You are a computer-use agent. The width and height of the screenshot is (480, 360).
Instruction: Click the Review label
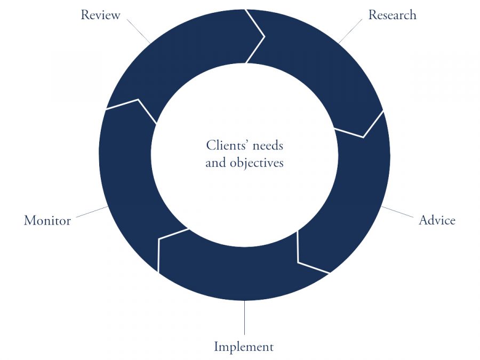[x=100, y=15]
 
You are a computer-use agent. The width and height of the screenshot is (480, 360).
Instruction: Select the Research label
[x=392, y=15]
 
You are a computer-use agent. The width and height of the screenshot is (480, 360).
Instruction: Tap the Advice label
[x=437, y=220]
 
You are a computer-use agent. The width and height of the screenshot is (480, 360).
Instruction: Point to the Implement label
[x=244, y=347]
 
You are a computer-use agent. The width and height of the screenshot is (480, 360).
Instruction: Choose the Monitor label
[x=47, y=221]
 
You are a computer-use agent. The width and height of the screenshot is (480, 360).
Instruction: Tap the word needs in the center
[x=268, y=146]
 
